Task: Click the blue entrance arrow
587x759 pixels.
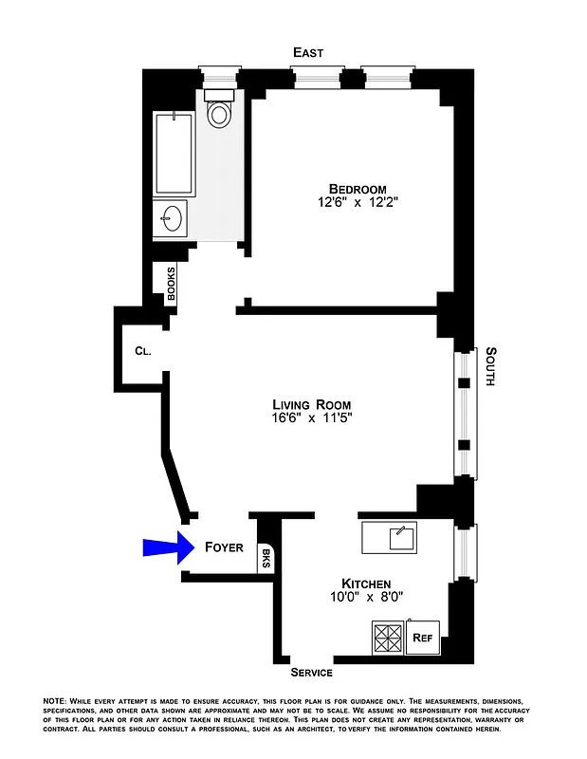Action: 160,547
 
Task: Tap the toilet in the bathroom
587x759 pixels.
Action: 220,112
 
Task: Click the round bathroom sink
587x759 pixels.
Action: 172,218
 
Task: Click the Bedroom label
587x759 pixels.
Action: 358,187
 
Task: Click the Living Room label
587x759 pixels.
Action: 312,403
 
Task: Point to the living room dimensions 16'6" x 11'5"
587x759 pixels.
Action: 312,417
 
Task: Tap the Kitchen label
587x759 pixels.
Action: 366,583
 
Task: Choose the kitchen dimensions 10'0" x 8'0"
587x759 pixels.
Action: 366,598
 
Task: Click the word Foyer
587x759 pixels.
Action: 224,547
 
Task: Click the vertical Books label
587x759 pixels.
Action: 172,283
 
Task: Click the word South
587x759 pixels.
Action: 490,367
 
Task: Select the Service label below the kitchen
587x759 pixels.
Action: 311,673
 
